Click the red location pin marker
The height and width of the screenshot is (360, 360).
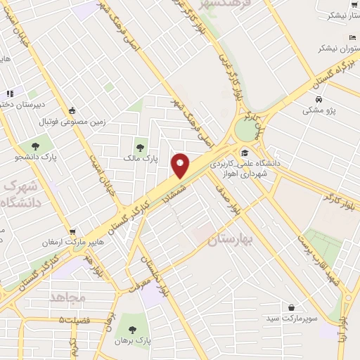tap(180, 165)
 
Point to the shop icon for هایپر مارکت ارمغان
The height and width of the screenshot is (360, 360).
tap(72, 231)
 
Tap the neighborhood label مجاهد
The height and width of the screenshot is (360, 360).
tap(67, 297)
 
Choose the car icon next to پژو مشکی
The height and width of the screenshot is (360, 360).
tap(319, 99)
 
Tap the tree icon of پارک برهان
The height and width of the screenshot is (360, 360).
tap(128, 329)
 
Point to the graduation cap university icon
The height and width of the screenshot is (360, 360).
tap(245, 153)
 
